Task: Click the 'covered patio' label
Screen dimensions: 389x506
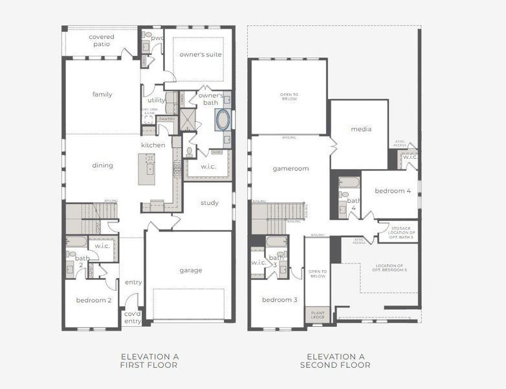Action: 102,40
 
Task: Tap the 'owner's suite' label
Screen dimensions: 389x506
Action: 201,54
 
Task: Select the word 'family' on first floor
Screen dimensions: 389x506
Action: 102,95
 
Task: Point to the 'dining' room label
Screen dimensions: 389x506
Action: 102,165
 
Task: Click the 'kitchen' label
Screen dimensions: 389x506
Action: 153,145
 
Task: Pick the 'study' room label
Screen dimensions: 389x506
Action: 210,203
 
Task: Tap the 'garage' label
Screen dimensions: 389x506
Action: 191,270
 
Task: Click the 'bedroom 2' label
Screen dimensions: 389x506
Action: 94,300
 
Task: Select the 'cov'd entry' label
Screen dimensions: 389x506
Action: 133,318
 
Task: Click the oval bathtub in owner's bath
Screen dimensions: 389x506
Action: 223,120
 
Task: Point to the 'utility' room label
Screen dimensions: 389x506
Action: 157,100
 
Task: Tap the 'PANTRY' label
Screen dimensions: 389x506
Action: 167,119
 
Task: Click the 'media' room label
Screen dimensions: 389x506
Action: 361,129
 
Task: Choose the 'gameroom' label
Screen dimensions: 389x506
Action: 291,169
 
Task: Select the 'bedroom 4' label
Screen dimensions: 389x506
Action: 392,191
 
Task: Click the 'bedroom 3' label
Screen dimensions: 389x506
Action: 280,300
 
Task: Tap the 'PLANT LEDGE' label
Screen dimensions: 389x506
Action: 318,314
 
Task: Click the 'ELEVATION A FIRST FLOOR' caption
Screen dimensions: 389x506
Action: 149,361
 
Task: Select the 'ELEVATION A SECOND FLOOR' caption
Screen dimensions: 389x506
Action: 335,361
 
